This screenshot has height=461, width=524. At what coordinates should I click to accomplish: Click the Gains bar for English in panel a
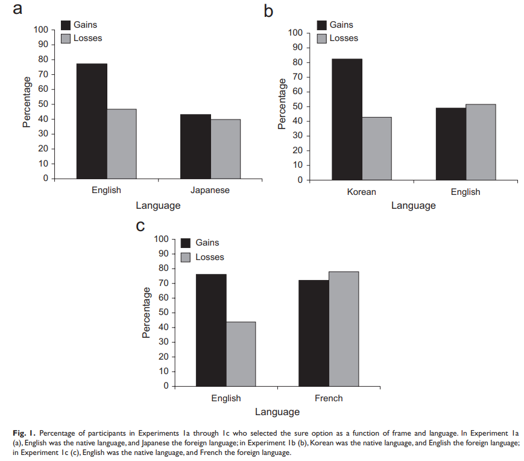tap(92, 121)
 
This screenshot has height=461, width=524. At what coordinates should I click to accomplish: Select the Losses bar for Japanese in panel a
tap(226, 149)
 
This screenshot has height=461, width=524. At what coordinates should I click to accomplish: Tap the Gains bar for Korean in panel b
tap(347, 119)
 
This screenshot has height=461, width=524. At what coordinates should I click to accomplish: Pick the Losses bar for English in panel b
tap(481, 142)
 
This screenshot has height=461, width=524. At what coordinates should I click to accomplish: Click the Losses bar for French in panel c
tap(344, 329)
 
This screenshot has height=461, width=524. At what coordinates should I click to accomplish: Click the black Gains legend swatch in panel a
tap(66, 25)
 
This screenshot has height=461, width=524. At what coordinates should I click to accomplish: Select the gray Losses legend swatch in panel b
tap(321, 39)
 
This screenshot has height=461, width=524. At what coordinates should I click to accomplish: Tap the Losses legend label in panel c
tap(209, 257)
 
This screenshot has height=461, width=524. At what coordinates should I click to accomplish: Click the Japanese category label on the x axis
tap(210, 190)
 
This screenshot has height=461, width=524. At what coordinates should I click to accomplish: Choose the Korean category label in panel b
tap(361, 192)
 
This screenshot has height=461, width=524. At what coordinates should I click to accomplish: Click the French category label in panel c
tap(329, 398)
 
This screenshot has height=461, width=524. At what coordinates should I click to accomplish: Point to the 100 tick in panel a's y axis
tap(40, 30)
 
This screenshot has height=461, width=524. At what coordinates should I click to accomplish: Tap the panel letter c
tap(140, 226)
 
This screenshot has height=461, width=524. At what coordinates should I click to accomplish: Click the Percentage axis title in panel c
tap(146, 312)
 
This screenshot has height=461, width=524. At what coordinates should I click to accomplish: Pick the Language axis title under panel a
tap(158, 206)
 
